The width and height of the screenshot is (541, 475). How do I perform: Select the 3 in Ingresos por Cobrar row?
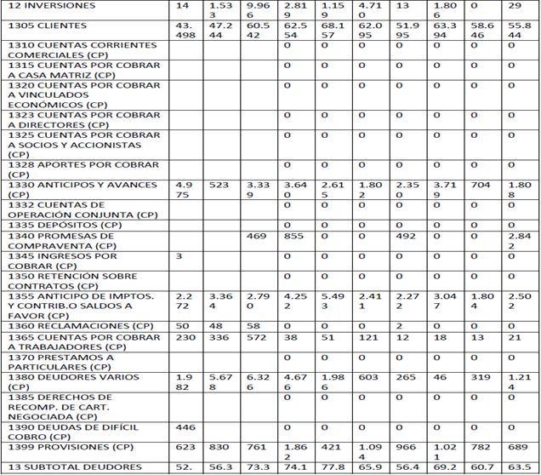pos(179,255)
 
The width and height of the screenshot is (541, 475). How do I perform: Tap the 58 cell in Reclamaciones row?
pos(253,327)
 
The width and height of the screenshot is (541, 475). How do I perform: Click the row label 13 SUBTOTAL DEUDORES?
pos(75,466)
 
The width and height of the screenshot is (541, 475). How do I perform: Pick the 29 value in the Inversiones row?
pos(513,7)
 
